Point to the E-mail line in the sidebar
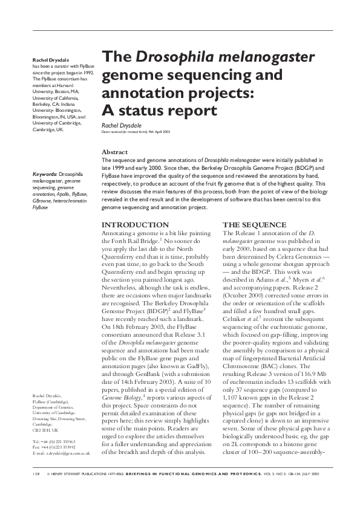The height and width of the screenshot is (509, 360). pyautogui.click(x=61, y=453)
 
